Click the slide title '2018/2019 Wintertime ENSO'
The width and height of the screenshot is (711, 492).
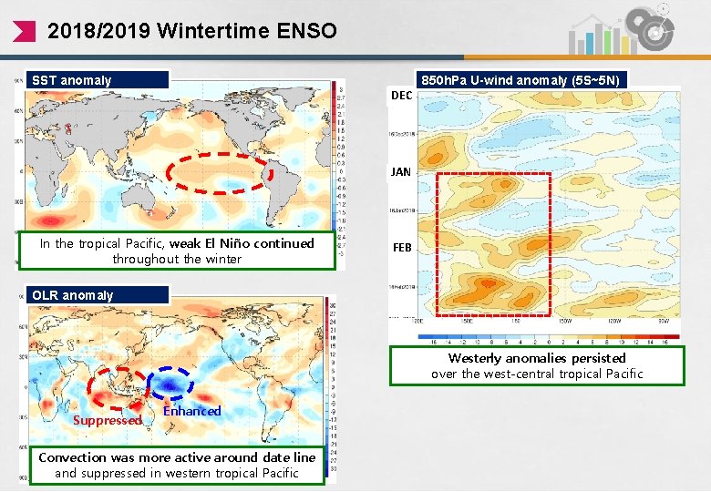coord(191,31)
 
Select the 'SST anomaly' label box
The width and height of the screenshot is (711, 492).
coord(98,80)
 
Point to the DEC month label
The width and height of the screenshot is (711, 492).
coord(401,96)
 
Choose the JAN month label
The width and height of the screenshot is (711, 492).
coord(401,171)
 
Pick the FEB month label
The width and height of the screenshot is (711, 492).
coord(401,248)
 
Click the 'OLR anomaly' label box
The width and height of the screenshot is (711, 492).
coord(98,295)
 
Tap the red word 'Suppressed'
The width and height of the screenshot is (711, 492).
coord(107,420)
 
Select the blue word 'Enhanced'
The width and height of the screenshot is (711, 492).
coord(191,411)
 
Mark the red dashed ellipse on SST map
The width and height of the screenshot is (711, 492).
coord(222,173)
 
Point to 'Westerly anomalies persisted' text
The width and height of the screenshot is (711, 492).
coord(536,358)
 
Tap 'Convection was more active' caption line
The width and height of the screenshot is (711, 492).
coord(177,457)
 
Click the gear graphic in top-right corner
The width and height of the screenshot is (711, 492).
coord(654,29)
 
